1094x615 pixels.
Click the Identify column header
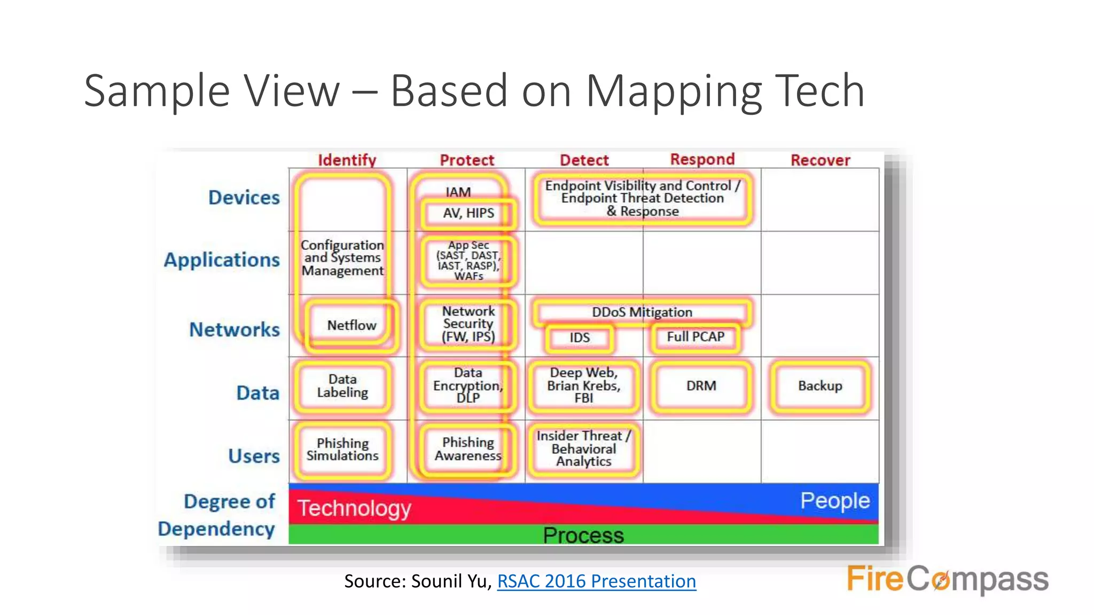[x=347, y=160]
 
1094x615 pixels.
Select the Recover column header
[x=820, y=160]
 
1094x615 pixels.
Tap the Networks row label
[x=235, y=329]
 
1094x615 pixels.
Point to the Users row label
[x=254, y=456]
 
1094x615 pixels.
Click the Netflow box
[x=351, y=325]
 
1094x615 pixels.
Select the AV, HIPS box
[x=468, y=213]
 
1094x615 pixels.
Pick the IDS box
[x=579, y=337]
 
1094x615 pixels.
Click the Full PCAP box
[x=695, y=337]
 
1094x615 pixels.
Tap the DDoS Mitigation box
[x=642, y=312]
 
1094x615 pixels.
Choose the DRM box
[x=701, y=386]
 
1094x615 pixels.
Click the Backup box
[x=819, y=386]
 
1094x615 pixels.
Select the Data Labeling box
[x=342, y=386]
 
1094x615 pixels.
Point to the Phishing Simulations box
[x=342, y=450]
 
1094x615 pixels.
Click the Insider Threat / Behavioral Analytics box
[x=583, y=449]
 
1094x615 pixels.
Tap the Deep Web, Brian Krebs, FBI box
[x=583, y=385]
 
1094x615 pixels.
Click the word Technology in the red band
[x=354, y=508]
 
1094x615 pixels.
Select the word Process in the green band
[x=583, y=535]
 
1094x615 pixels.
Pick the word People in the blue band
[x=834, y=501]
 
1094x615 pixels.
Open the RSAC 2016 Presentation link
[x=596, y=581]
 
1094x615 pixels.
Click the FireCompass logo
[x=947, y=579]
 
